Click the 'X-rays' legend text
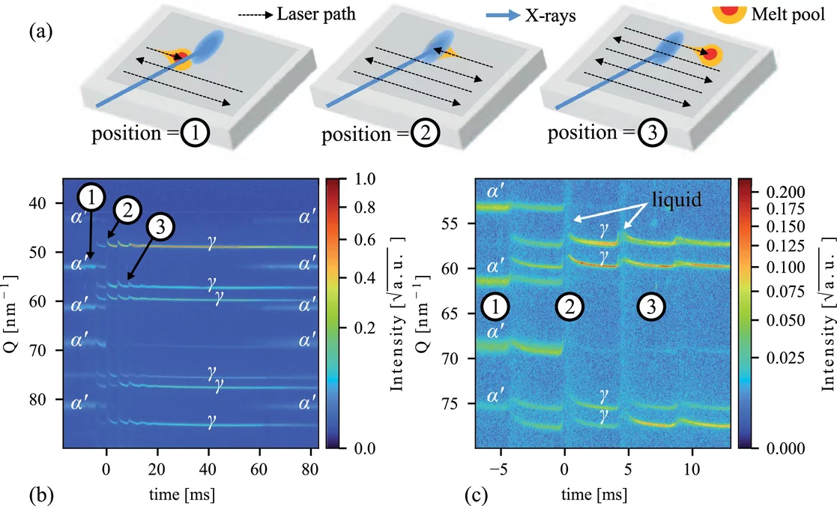coord(551,14)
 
